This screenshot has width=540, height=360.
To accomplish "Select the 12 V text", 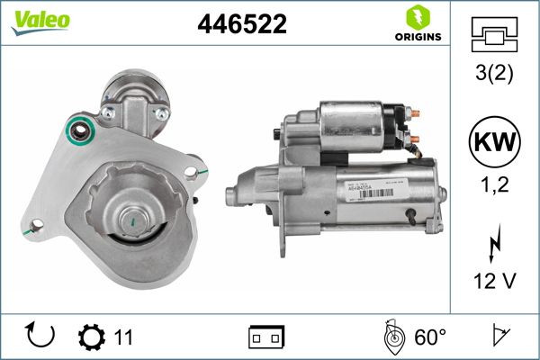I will click(493, 282).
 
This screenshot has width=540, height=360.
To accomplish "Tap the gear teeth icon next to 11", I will click(92, 337).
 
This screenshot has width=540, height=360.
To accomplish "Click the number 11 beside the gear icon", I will click(123, 337).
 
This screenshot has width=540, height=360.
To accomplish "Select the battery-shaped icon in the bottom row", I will click(265, 337).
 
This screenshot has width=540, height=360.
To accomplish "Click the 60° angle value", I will click(430, 337).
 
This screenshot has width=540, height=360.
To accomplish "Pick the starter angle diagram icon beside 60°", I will click(392, 337).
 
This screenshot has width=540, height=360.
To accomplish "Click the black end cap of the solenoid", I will click(395, 128).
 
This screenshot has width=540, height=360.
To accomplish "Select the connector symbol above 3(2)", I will click(493, 36).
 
